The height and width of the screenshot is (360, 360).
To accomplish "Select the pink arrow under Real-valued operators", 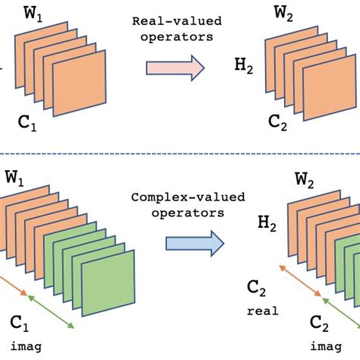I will [x=175, y=69].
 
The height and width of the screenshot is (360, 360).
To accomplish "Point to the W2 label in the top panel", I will [x=286, y=13].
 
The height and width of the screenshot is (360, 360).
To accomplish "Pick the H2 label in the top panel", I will [x=244, y=68].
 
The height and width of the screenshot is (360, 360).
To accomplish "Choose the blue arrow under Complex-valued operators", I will [x=195, y=244].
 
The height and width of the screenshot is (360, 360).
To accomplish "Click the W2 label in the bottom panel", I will [x=307, y=183].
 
